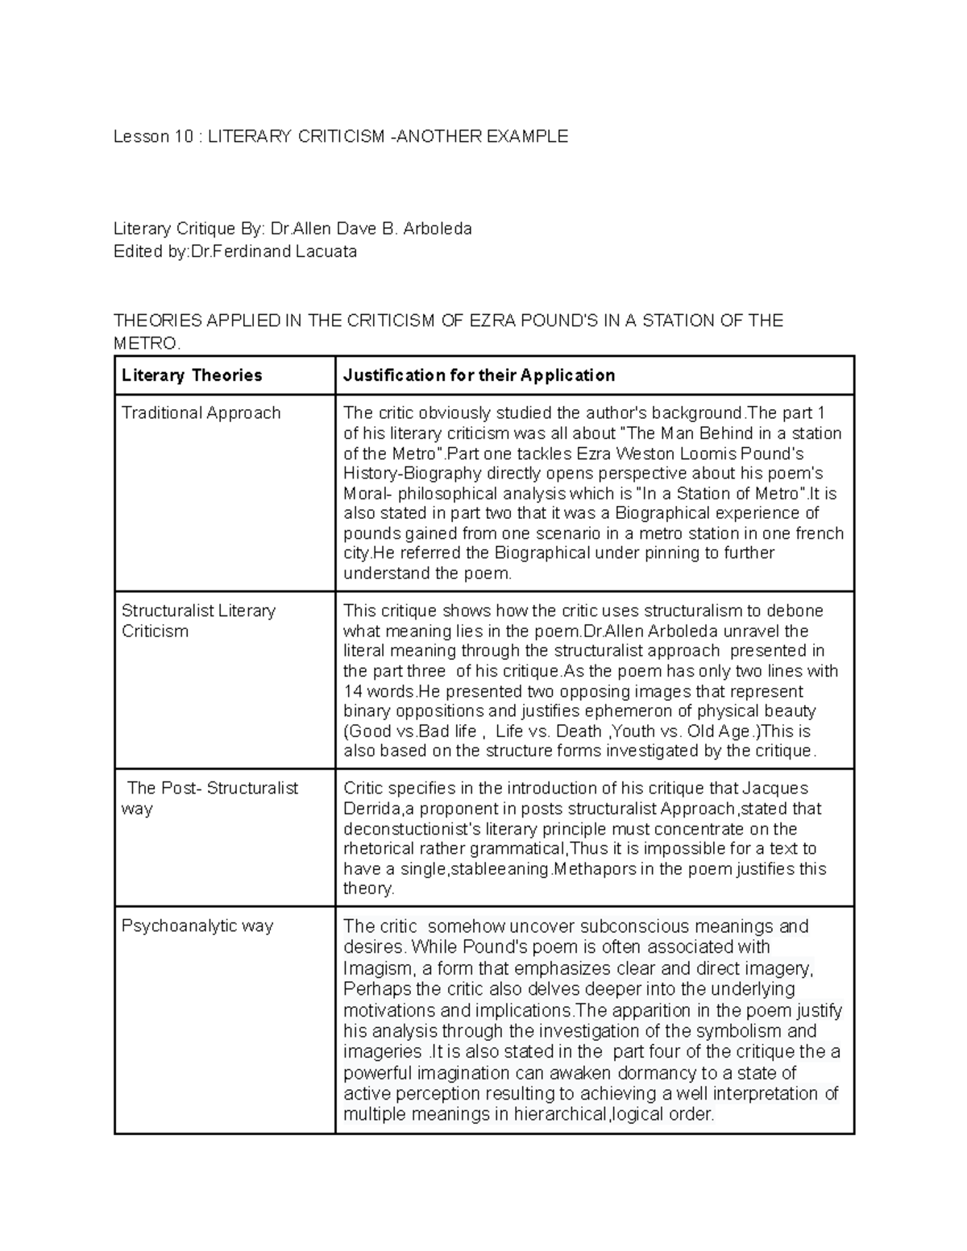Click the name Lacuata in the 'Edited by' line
coord(326,251)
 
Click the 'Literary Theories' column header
coord(192,375)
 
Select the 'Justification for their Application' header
coord(479,375)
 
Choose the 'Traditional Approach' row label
coord(201,413)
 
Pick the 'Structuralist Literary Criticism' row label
coord(198,621)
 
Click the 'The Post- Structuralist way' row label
coord(212,798)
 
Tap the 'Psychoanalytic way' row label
coord(197,926)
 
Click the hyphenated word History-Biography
coord(412,474)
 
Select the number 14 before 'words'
coord(353,692)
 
